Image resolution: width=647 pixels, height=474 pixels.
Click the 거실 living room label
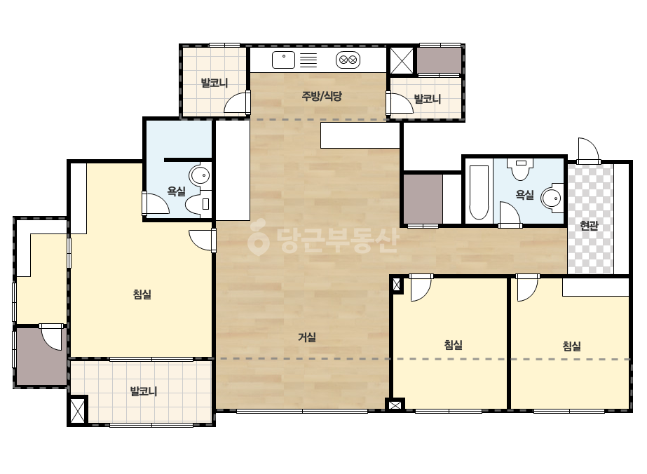(x=307, y=337)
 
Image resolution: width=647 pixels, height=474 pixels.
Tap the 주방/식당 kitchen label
(x=322, y=96)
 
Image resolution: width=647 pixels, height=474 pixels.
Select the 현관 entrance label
(x=590, y=226)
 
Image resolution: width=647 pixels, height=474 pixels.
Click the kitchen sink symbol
(x=283, y=60)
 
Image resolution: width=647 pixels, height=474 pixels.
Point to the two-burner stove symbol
(x=348, y=60)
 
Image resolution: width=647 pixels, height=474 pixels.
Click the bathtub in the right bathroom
(x=479, y=192)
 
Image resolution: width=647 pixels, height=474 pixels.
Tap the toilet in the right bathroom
(x=521, y=169)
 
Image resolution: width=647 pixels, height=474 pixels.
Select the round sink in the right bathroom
(x=552, y=198)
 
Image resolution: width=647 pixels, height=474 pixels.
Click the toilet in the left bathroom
(x=198, y=204)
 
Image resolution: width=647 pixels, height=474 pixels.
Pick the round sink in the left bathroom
(x=200, y=176)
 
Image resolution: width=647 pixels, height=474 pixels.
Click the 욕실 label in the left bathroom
(x=176, y=191)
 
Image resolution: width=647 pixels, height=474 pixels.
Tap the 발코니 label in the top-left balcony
(x=214, y=83)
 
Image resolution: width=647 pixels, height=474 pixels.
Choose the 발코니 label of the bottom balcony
(x=144, y=391)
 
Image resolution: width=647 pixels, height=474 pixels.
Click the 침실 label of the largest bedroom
(x=142, y=294)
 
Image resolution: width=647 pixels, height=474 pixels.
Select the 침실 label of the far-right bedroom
(x=572, y=346)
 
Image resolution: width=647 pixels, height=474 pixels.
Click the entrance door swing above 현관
(x=588, y=150)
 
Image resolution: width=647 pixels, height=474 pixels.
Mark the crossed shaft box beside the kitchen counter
(x=402, y=61)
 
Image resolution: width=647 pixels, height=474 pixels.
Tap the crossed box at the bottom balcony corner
(x=78, y=410)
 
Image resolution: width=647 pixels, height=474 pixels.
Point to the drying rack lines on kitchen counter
(x=308, y=60)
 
